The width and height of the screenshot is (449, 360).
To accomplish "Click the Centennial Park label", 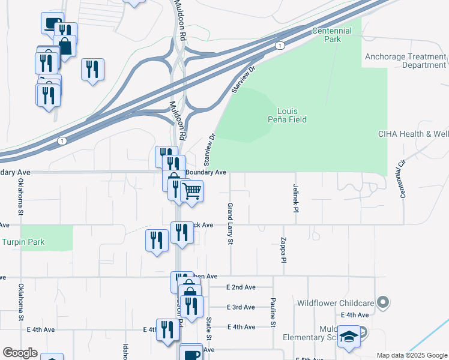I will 327,35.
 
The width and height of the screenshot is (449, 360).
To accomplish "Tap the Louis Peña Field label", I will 291,115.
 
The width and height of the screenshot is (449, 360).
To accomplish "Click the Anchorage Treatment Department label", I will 406,61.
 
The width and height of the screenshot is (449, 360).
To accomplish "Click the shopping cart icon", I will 191,192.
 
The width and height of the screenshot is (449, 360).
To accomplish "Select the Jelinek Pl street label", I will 296,199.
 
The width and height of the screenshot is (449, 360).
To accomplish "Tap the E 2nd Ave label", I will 241,287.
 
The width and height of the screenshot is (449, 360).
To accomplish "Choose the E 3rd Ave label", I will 241,307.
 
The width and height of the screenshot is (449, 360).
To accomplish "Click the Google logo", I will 20,353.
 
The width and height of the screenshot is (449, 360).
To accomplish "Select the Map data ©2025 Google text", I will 411,355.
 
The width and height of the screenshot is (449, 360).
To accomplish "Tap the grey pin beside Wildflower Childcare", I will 381,302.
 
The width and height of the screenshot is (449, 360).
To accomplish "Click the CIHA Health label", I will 413,134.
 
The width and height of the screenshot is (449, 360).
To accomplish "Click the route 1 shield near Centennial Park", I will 279,46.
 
